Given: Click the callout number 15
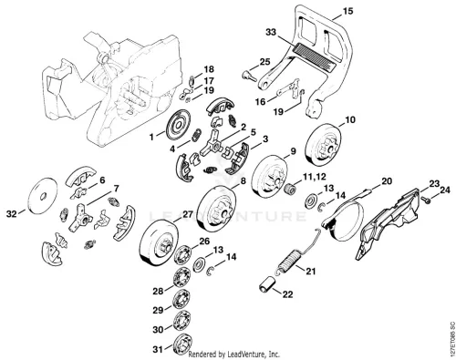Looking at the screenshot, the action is tap(348, 12).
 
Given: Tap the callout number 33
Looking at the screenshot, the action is tap(271, 32).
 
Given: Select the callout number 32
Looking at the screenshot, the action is tap(12, 214).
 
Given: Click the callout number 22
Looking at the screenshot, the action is tap(287, 294).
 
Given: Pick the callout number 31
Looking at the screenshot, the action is tap(158, 350).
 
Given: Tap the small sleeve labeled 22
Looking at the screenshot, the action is tap(267, 283).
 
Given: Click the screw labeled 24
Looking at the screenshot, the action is tap(428, 201).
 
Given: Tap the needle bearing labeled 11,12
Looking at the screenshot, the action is tap(290, 190).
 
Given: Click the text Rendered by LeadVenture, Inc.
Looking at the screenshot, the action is tap(234, 355).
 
